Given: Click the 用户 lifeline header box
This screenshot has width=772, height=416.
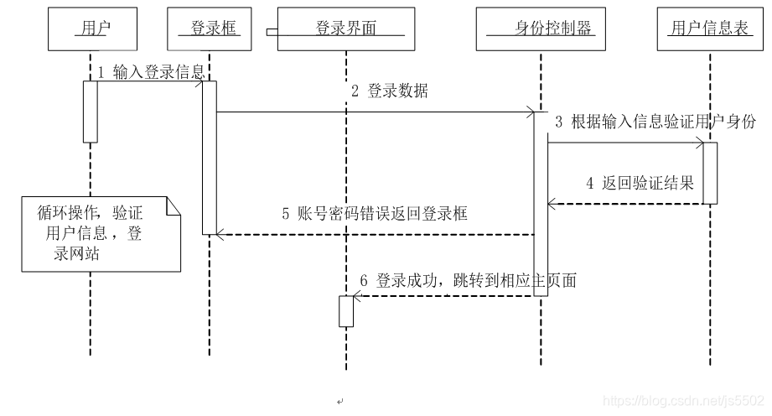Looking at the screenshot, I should (91, 29).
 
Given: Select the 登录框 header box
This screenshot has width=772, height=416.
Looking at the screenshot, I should (210, 29).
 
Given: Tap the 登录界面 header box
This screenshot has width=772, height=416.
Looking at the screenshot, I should (345, 29).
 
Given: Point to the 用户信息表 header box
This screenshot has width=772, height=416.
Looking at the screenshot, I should (709, 29).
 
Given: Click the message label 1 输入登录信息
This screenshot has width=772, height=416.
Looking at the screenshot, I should (151, 73).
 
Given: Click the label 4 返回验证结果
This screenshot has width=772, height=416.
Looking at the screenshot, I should (640, 183).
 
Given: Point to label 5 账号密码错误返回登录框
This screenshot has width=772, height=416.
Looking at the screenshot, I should (375, 214).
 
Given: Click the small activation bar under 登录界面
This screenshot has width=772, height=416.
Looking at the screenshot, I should (346, 311).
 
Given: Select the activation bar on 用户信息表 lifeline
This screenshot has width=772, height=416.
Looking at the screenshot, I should (710, 173).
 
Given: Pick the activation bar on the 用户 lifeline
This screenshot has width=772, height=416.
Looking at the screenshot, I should (90, 112).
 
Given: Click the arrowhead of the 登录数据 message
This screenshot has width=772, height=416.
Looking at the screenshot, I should (530, 111).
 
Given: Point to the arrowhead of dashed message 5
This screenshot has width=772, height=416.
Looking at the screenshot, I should (219, 236).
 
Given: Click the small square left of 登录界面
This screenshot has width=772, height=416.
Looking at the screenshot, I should (271, 32).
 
